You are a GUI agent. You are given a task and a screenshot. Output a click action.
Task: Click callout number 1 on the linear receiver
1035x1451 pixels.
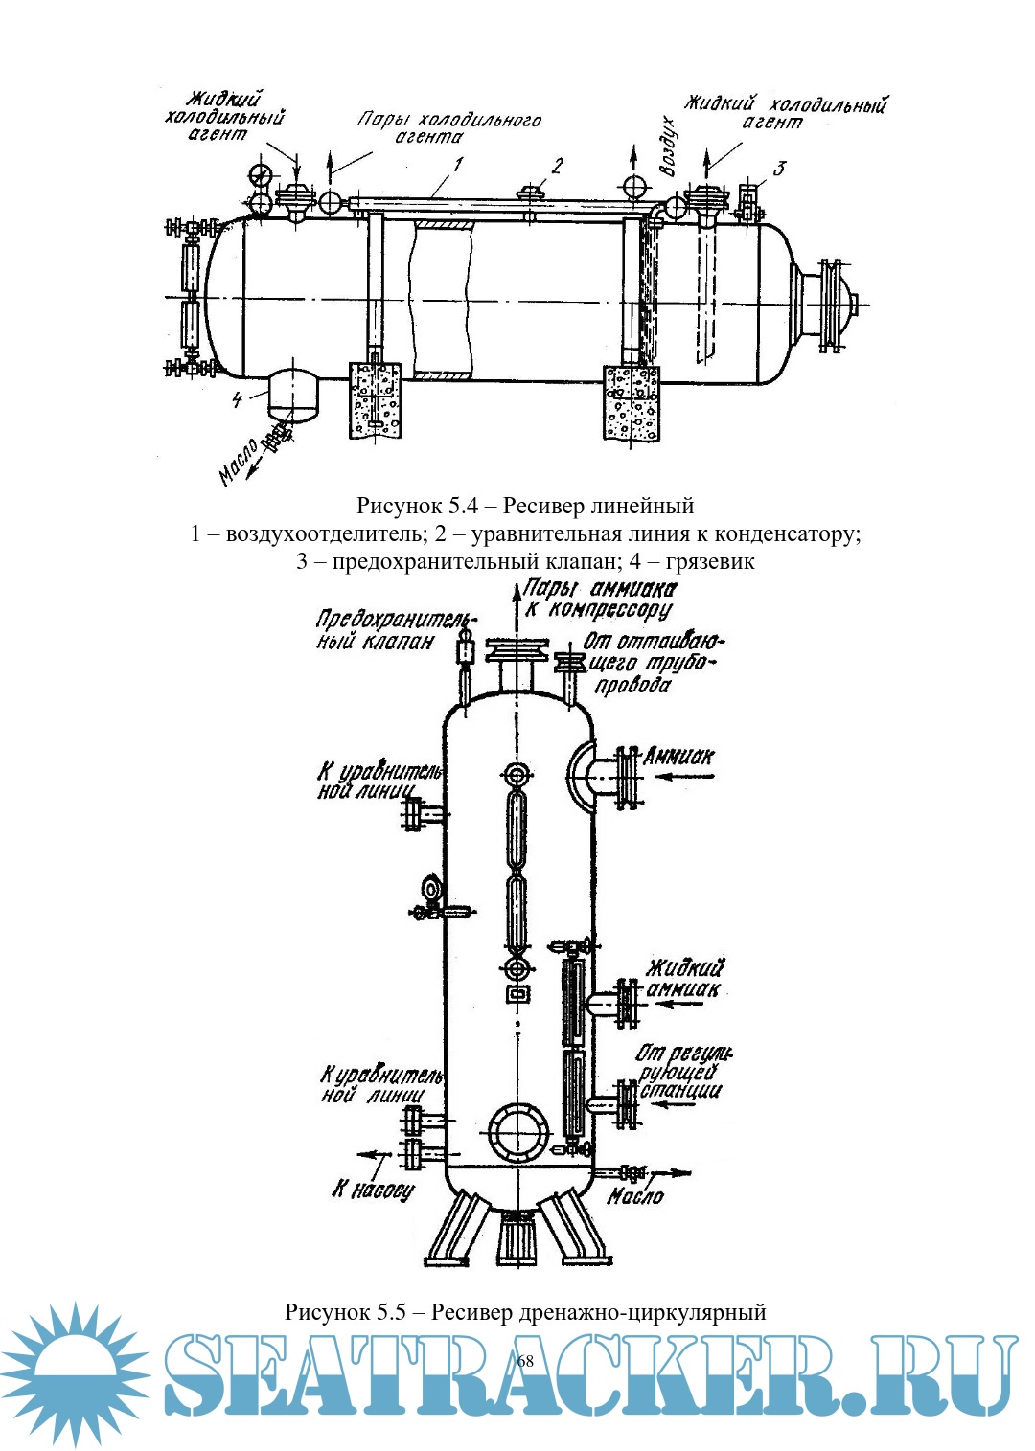point(459,165)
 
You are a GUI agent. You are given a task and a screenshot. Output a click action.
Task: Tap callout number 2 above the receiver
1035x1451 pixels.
point(557,166)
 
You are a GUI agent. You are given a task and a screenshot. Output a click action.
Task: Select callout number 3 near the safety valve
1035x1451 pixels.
point(779,169)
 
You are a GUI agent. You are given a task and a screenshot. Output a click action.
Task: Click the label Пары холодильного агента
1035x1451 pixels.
point(448,127)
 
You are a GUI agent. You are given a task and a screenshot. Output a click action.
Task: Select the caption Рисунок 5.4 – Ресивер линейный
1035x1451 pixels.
point(524,505)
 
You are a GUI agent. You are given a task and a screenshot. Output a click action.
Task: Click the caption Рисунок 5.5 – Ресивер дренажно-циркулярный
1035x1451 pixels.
point(524,1310)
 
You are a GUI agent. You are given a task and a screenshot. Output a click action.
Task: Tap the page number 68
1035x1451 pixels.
point(524,1361)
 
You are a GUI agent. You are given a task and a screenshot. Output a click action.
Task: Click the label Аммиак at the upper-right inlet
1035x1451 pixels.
point(678,757)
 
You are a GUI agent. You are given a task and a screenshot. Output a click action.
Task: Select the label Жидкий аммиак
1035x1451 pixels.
point(683,978)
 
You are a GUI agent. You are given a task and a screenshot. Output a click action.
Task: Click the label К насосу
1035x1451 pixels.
point(374,1190)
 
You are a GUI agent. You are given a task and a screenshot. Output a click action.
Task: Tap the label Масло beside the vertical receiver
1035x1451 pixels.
point(635,1195)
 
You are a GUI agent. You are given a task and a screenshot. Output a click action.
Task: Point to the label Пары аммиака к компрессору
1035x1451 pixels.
point(598,600)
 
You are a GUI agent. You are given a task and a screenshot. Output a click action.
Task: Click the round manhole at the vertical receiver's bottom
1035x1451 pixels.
point(517,1131)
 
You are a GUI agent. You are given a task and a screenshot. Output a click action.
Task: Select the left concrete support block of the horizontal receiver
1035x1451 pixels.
point(377,397)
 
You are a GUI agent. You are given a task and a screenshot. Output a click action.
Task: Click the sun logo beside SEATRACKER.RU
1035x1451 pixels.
point(75,1372)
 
